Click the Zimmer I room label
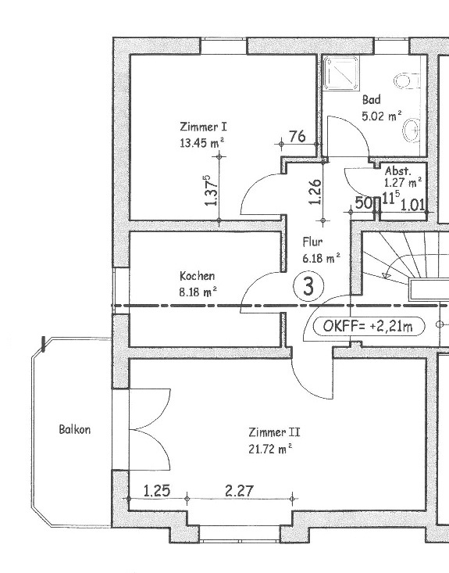(x=203, y=127)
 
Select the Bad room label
(x=372, y=99)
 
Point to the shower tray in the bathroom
(x=341, y=73)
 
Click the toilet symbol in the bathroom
(x=407, y=81)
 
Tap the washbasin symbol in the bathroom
(x=412, y=130)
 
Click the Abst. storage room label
(x=398, y=170)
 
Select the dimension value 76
(x=298, y=136)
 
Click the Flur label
(x=312, y=242)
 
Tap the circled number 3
(x=308, y=286)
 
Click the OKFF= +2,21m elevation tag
(x=369, y=326)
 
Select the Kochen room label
(x=197, y=275)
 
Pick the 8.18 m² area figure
(x=198, y=292)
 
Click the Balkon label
(x=75, y=429)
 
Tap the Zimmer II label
(x=274, y=432)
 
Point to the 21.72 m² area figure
(x=270, y=449)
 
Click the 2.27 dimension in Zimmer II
(x=239, y=491)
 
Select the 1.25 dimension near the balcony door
(x=157, y=491)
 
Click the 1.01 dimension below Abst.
(x=413, y=205)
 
